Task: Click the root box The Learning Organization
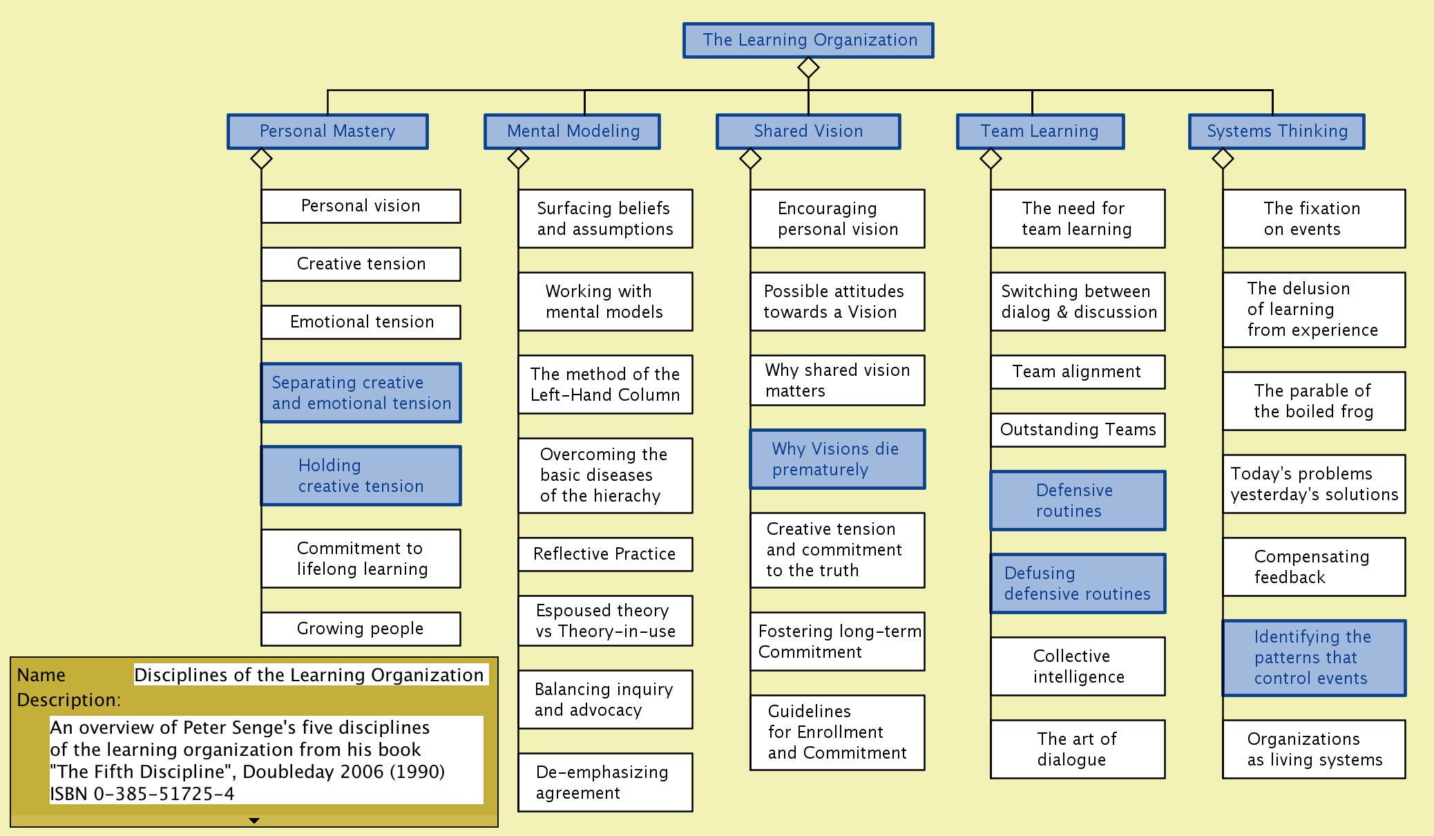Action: point(808,40)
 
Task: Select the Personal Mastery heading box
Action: point(327,131)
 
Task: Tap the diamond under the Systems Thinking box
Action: point(1223,159)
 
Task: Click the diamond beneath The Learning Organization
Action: point(808,68)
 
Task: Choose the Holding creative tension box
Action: point(361,475)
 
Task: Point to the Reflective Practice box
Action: point(605,554)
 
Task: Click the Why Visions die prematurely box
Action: point(837,459)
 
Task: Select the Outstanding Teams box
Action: point(1078,430)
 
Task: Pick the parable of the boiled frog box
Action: point(1314,401)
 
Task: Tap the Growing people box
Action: point(361,629)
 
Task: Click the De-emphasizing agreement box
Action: point(605,782)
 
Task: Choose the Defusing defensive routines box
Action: point(1078,584)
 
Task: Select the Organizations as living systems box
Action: point(1314,750)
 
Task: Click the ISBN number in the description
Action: point(142,794)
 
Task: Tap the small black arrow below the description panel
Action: point(254,821)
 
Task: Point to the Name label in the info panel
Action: point(41,675)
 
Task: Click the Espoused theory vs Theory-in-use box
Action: point(605,620)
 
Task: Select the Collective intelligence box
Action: point(1078,667)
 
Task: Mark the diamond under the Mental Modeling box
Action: point(518,159)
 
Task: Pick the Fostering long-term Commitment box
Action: point(837,641)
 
